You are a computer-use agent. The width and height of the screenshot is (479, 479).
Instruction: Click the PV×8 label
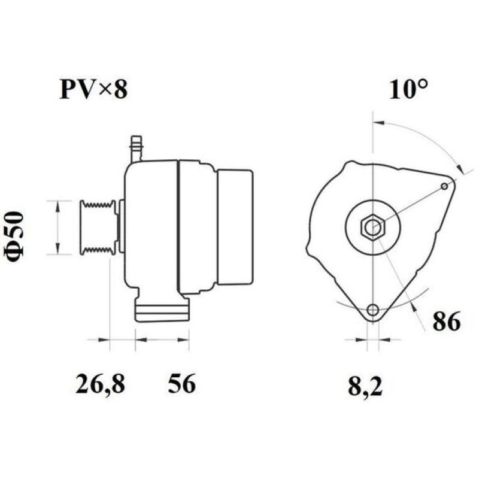(x=93, y=89)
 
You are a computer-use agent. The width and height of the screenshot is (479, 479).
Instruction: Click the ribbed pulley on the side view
(x=97, y=228)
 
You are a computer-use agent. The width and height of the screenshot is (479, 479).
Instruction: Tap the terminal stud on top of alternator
(x=136, y=148)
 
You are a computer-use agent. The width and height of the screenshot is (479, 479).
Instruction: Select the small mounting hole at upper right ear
(x=444, y=186)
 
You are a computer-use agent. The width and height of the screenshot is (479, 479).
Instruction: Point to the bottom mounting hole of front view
(x=373, y=310)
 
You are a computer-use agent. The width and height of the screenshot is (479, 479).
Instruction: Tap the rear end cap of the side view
(x=234, y=227)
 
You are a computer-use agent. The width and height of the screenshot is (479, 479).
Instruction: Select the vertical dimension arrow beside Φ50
(x=57, y=228)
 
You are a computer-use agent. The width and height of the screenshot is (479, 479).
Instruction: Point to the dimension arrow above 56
(x=162, y=339)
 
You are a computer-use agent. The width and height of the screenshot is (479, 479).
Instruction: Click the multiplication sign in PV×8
(x=105, y=90)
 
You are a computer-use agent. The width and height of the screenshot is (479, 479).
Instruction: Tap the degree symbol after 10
(x=423, y=84)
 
